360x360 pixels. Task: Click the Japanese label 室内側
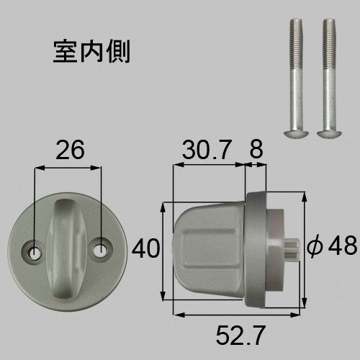pos(91,52)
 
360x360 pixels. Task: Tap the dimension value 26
pos(70,150)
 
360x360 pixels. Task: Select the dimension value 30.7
pos(207,150)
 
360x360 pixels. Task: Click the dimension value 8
pos(256,150)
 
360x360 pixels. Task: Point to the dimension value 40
pos(145,248)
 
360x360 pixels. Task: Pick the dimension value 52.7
pos(240,335)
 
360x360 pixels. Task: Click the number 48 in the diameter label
pos(342,246)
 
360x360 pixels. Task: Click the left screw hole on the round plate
pos(35,252)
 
